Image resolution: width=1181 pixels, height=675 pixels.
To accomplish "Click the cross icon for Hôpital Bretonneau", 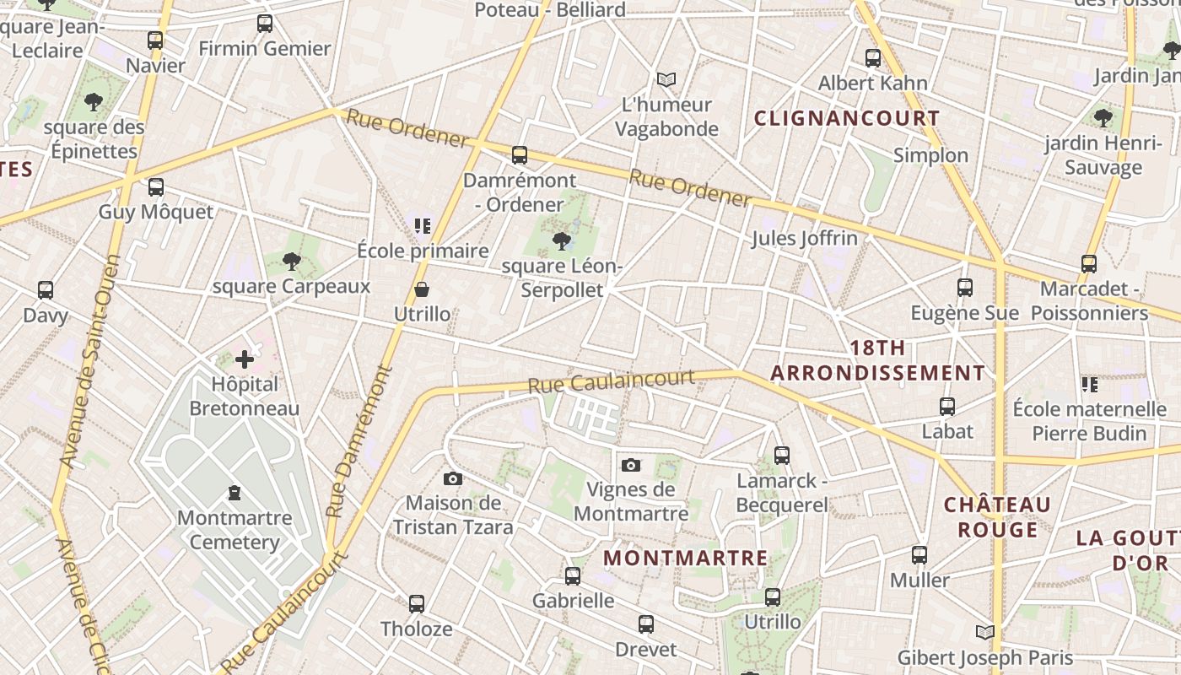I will (245, 360).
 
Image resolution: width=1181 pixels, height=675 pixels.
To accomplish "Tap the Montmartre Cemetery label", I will (235, 530).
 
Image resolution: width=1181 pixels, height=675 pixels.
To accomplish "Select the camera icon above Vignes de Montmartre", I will (630, 465).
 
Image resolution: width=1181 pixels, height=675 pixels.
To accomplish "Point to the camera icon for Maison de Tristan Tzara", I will (453, 479).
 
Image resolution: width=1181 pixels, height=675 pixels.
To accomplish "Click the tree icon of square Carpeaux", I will (292, 262).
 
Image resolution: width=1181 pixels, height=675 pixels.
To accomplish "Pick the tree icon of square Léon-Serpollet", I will (560, 243).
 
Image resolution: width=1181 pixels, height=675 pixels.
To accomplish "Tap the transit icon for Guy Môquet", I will (156, 187).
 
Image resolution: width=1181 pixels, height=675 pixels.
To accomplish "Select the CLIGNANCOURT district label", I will (846, 118).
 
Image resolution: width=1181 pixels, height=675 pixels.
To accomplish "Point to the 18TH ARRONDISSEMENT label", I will (877, 360).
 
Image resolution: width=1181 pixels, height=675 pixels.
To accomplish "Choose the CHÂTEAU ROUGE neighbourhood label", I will (997, 517).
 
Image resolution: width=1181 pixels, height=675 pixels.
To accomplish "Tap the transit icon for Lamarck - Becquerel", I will (782, 456).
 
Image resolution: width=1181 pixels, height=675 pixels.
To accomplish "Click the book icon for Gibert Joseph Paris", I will (984, 632).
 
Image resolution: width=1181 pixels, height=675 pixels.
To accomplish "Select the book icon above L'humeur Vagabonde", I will (666, 80).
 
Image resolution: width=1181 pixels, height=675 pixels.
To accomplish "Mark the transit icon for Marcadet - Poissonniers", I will (1089, 264).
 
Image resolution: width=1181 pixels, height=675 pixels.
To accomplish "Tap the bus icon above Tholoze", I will (417, 604).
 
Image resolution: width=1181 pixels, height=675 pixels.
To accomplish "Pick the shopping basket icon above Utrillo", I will (422, 290).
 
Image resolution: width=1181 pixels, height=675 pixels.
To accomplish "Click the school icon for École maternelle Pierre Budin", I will (1090, 385).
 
